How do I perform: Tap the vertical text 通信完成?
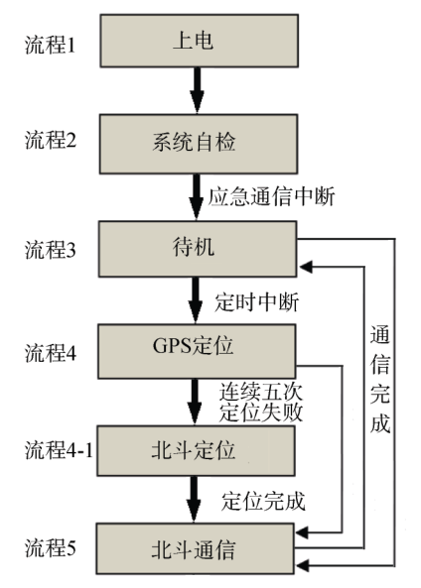(x=380, y=378)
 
